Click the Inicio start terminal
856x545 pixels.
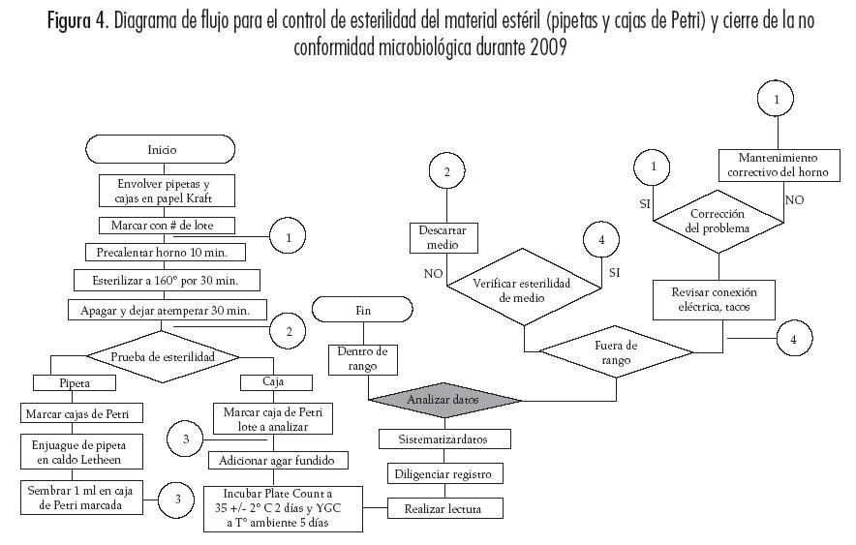pyautogui.click(x=162, y=150)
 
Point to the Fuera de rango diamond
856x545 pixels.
pyautogui.click(x=617, y=352)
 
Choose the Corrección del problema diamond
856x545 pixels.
pyautogui.click(x=718, y=222)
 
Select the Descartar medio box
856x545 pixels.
pyautogui.click(x=443, y=239)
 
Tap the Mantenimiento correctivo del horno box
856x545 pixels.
pyautogui.click(x=778, y=165)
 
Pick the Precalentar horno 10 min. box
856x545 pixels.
pyautogui.click(x=165, y=253)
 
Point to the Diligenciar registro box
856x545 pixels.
pyautogui.click(x=443, y=474)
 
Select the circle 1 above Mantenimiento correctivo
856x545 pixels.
pyautogui.click(x=778, y=98)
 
